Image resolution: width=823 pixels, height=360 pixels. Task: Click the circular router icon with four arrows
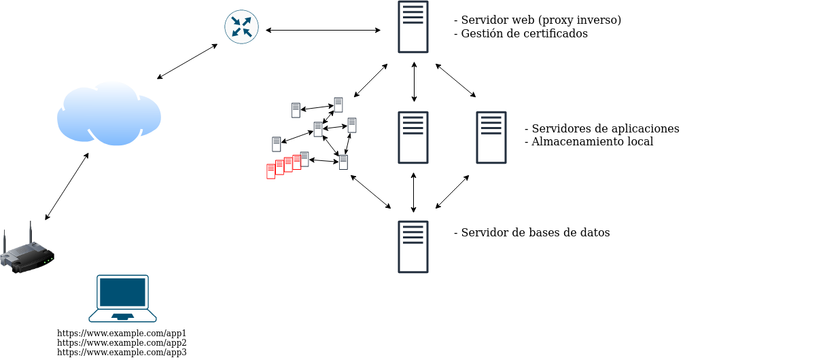pyautogui.click(x=241, y=27)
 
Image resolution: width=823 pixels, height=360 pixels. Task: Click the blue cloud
pyautogui.click(x=109, y=113)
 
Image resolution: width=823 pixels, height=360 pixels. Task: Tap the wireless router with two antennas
pyautogui.click(x=27, y=253)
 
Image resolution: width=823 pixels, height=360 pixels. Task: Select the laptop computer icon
pyautogui.click(x=122, y=298)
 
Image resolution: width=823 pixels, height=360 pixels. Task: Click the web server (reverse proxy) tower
pyautogui.click(x=413, y=27)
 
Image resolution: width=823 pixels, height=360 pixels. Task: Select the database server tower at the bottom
pyautogui.click(x=413, y=247)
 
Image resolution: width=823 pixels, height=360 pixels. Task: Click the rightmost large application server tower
pyautogui.click(x=491, y=137)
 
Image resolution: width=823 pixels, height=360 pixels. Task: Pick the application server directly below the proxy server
pyautogui.click(x=413, y=137)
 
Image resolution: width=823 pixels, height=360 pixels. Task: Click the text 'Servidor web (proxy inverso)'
pyautogui.click(x=540, y=20)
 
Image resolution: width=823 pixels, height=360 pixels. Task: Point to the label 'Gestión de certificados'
pyautogui.click(x=524, y=33)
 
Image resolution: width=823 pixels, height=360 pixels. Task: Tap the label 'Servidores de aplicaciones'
pyautogui.click(x=605, y=129)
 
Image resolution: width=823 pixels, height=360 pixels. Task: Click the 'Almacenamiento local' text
pyautogui.click(x=592, y=142)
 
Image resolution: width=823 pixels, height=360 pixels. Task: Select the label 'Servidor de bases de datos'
pyautogui.click(x=535, y=232)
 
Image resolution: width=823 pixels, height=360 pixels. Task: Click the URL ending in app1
pyautogui.click(x=122, y=334)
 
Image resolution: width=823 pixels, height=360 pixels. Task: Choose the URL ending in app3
pyautogui.click(x=122, y=353)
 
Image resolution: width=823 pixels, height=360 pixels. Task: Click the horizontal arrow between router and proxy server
pyautogui.click(x=323, y=30)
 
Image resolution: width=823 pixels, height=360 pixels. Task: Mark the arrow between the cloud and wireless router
pyautogui.click(x=67, y=186)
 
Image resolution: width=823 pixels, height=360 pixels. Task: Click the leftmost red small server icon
pyautogui.click(x=270, y=171)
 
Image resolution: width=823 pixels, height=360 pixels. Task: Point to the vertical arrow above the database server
pyautogui.click(x=413, y=192)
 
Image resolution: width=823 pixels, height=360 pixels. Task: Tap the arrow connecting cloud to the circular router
pyautogui.click(x=187, y=62)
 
